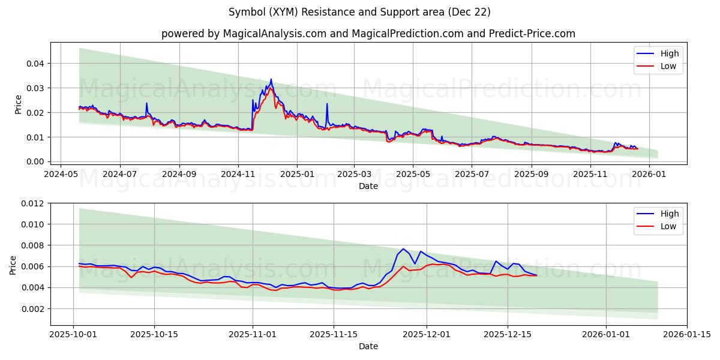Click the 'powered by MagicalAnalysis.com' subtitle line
(368, 34)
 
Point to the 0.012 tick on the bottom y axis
(33, 203)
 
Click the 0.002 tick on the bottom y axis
(33, 309)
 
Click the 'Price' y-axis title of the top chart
(18, 104)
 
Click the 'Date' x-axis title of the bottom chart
(368, 346)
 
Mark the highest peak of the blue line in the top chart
(271, 79)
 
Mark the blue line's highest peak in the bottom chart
(403, 248)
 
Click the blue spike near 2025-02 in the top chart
(327, 104)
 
